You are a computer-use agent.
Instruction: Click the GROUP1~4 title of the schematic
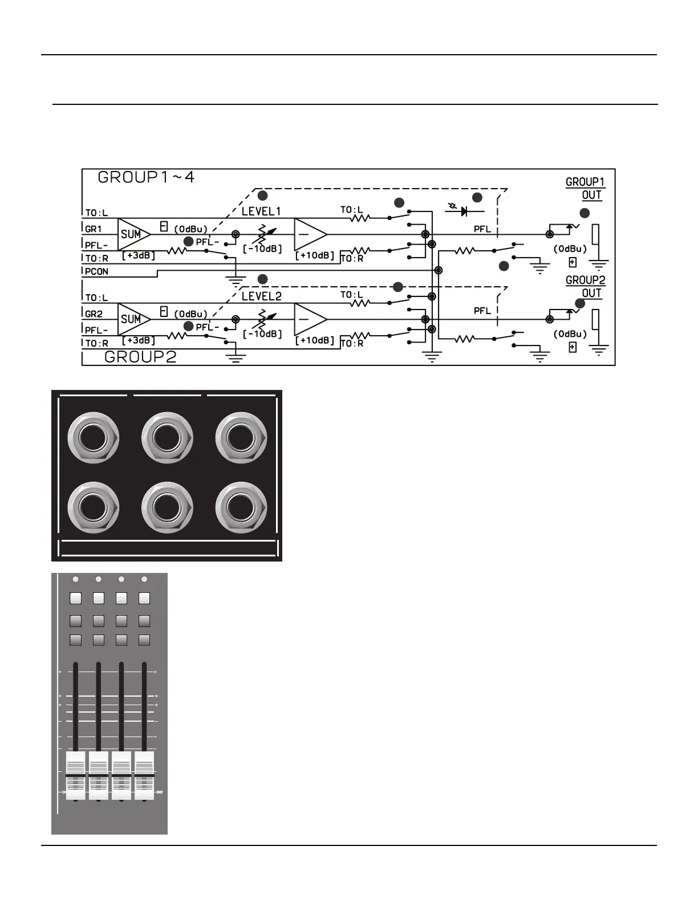tap(146, 177)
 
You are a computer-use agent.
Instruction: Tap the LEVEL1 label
tap(261, 211)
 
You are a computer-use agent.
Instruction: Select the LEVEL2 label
tap(261, 296)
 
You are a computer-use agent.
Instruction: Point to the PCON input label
tap(96, 271)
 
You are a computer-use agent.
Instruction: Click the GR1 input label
tap(94, 229)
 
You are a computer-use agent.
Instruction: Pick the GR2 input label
tap(94, 314)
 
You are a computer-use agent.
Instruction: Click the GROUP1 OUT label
tap(585, 189)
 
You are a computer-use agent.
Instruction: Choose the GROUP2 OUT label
tap(585, 287)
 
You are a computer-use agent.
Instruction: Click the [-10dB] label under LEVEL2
tap(262, 334)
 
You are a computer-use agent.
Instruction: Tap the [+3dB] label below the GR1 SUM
tap(139, 255)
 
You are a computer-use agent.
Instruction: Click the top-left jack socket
tap(93, 439)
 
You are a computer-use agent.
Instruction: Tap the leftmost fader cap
tap(76, 775)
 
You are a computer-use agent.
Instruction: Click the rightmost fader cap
tap(144, 775)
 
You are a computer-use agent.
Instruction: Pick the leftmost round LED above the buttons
tap(76, 580)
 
